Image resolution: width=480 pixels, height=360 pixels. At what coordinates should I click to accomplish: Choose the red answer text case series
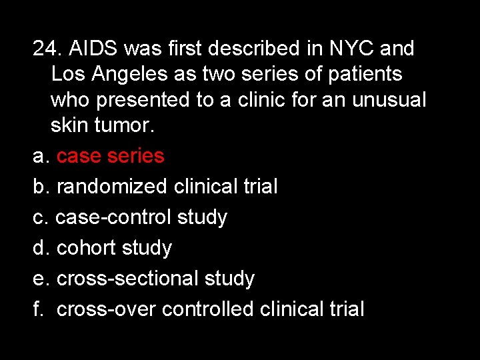110,156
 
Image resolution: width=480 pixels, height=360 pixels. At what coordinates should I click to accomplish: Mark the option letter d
40,248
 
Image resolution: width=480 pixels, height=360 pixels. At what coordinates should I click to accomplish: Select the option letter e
40,279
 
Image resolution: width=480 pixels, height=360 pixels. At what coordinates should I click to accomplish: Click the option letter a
40,156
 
